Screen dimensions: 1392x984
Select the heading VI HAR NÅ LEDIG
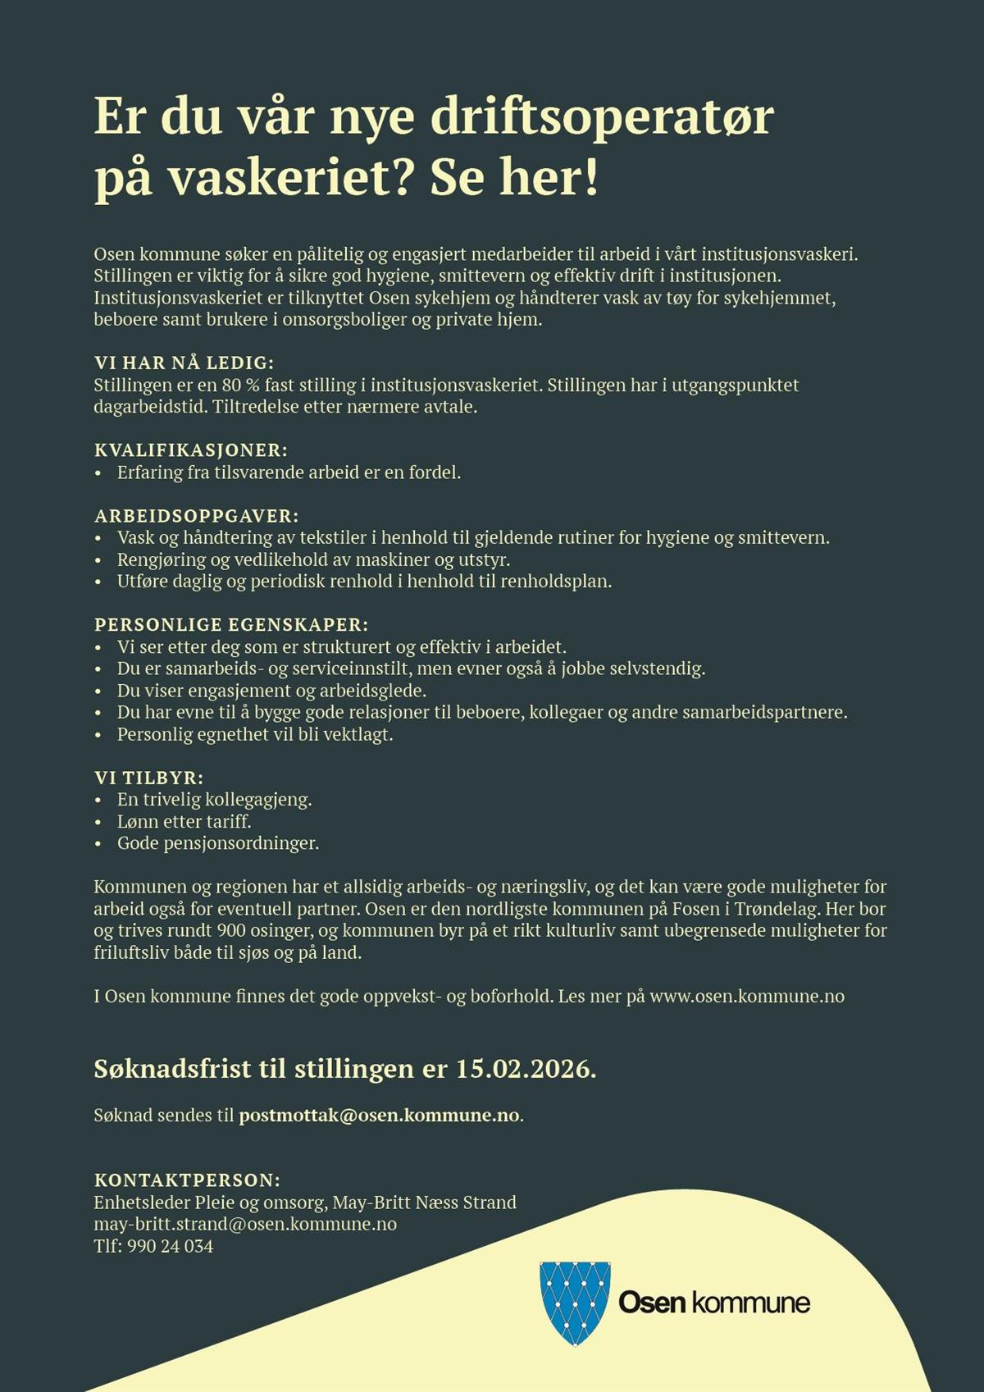click(x=184, y=363)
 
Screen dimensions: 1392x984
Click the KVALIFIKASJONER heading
click(x=191, y=450)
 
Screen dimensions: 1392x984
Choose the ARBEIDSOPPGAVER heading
click(x=197, y=516)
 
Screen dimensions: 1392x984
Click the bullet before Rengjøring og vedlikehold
click(x=98, y=560)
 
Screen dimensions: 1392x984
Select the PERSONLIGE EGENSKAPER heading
click(x=231, y=625)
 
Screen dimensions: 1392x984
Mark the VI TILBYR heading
click(x=148, y=778)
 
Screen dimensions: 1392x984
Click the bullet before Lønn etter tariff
click(x=98, y=822)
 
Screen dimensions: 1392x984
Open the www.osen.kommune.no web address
click(x=747, y=997)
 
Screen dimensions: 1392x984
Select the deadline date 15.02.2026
click(x=526, y=1069)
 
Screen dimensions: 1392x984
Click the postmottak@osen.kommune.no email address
click(x=379, y=1116)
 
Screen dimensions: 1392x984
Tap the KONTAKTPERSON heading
click(x=187, y=1180)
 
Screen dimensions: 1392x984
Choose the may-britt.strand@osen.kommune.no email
click(x=245, y=1225)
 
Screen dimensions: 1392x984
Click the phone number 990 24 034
click(x=170, y=1246)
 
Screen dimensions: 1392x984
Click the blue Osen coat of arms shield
click(x=576, y=1302)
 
